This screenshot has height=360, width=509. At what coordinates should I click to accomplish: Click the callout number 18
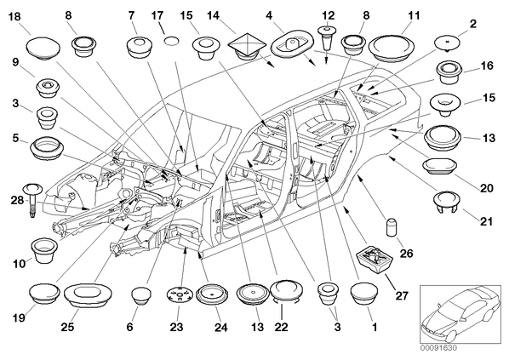[14, 17]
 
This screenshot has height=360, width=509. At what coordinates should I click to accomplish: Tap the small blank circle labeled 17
[171, 41]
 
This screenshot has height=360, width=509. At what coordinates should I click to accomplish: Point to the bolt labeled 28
[32, 200]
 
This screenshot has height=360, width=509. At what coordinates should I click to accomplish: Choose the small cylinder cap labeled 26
[392, 227]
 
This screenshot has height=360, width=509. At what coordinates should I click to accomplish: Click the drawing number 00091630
[438, 348]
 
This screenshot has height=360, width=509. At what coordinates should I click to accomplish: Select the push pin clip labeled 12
[328, 37]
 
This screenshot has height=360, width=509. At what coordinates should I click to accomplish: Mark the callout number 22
[281, 327]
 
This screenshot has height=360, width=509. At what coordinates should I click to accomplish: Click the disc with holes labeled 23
[180, 295]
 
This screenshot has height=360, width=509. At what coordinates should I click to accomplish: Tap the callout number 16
[487, 66]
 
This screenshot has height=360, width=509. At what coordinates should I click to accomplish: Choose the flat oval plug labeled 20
[441, 166]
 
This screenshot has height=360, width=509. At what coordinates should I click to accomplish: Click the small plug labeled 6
[141, 295]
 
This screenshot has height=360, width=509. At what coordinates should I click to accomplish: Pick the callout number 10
[20, 264]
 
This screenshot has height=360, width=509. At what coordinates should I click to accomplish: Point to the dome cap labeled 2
[448, 43]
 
